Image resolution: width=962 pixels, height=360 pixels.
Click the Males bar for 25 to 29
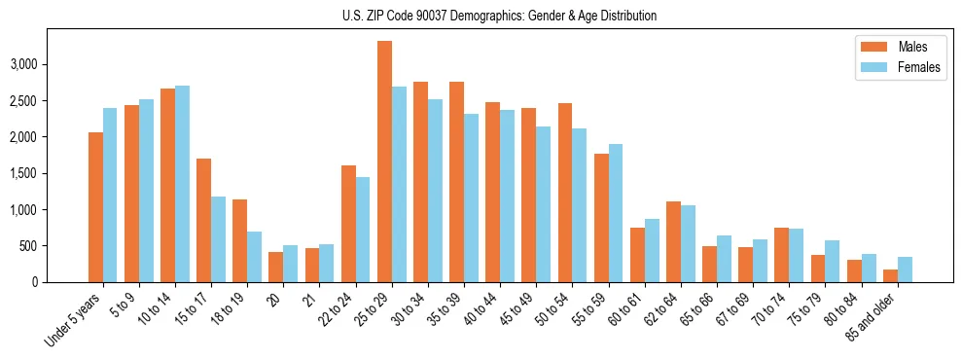tap(384, 162)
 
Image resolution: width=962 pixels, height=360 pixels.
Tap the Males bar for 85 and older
tap(890, 275)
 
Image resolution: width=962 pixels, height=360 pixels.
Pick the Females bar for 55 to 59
tap(616, 213)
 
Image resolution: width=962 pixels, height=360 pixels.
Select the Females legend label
tap(919, 67)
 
